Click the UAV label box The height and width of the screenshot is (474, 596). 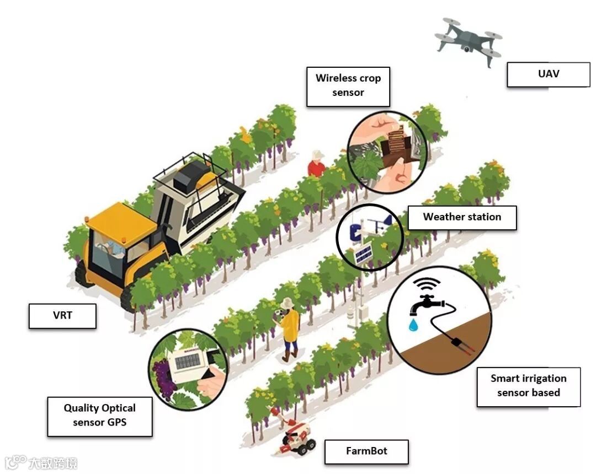pos(548,74)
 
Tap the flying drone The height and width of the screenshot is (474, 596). pos(469,40)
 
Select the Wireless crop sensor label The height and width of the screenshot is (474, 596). pos(348,86)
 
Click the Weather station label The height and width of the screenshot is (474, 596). pos(462,217)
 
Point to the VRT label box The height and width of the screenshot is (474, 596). pos(62,316)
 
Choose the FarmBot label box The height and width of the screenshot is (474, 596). pos(366,451)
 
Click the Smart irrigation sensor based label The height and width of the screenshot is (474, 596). pos(528,386)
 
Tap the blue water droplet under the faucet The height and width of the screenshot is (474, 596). pos(413,326)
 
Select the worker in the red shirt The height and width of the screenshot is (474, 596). pos(316,165)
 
